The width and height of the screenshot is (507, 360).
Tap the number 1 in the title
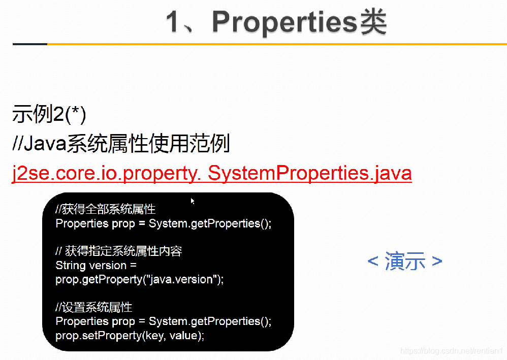(x=174, y=22)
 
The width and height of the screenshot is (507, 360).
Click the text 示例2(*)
(x=49, y=115)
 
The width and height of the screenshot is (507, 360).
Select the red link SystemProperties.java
(x=310, y=174)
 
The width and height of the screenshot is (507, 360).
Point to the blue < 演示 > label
(x=405, y=261)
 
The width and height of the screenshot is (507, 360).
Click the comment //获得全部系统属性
(x=105, y=209)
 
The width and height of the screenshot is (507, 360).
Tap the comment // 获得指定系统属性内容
(x=118, y=251)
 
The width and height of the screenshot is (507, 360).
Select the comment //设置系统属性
(x=93, y=307)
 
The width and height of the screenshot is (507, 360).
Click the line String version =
(x=96, y=265)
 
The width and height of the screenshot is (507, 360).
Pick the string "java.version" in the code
(x=181, y=279)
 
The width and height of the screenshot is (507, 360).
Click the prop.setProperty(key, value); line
(x=130, y=336)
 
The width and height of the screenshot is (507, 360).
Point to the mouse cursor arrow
(x=193, y=201)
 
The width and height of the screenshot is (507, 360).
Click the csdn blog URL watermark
(x=451, y=351)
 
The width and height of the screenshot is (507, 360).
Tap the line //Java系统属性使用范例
(x=121, y=144)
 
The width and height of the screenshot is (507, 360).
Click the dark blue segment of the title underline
(x=29, y=44)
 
